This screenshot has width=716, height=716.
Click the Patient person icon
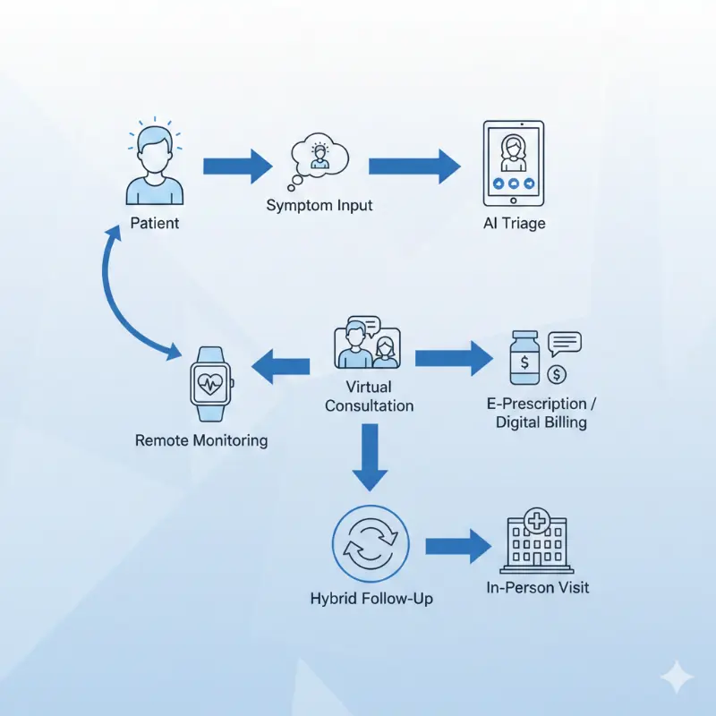154,166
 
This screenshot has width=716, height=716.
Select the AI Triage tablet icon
513,162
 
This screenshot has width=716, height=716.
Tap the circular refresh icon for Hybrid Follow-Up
370,546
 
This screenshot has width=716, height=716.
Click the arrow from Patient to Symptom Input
236,166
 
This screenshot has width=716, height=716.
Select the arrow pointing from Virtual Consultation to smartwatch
280,365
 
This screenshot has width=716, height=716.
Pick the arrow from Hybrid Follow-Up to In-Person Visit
458,546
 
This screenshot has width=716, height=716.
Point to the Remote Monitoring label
200,440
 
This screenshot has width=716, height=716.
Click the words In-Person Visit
538,588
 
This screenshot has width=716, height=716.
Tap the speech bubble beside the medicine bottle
565,341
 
